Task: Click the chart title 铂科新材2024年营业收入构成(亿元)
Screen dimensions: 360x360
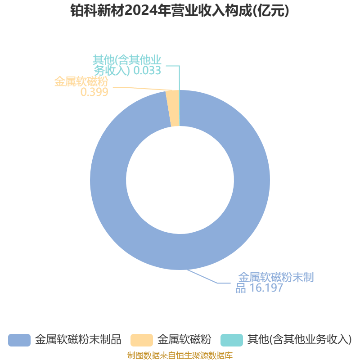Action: click(x=180, y=10)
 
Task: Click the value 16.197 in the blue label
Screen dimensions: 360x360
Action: click(x=266, y=288)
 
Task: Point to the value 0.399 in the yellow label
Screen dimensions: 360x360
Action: click(x=94, y=92)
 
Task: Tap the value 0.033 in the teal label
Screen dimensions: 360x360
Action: click(x=147, y=70)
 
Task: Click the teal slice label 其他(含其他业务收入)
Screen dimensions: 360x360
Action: click(x=127, y=65)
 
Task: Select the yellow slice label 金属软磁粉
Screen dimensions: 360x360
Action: click(x=81, y=81)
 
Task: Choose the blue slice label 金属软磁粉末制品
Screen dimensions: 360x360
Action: click(x=274, y=283)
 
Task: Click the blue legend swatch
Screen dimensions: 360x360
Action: click(x=19, y=340)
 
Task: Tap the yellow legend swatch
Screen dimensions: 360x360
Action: click(x=142, y=340)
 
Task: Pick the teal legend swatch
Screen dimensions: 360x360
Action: click(x=232, y=340)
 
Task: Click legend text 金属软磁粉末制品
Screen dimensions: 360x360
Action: click(x=78, y=340)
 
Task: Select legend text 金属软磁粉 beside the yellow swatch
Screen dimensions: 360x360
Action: click(x=184, y=340)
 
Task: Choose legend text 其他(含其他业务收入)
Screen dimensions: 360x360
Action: click(x=299, y=340)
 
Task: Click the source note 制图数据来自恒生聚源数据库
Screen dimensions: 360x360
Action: click(x=180, y=355)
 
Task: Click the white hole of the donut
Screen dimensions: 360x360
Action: click(x=180, y=180)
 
